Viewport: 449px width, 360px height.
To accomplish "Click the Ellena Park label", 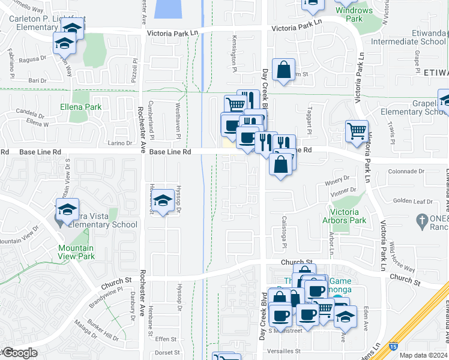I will (80, 107).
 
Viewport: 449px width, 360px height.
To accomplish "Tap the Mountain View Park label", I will (76, 252).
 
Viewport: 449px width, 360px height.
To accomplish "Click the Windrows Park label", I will (354, 14).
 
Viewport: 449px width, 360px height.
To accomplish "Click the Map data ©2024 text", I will (423, 355).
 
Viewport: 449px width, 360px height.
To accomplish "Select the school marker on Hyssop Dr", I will (163, 202).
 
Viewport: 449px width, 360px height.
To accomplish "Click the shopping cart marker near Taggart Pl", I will (357, 131).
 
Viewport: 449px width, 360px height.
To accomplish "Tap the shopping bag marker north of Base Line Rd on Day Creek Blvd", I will (283, 70).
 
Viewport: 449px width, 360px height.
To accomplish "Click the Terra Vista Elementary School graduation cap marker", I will (67, 209).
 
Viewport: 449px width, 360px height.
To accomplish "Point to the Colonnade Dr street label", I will (406, 171).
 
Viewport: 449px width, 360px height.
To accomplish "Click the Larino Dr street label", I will (120, 143).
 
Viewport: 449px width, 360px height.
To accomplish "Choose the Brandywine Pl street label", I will (109, 291).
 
